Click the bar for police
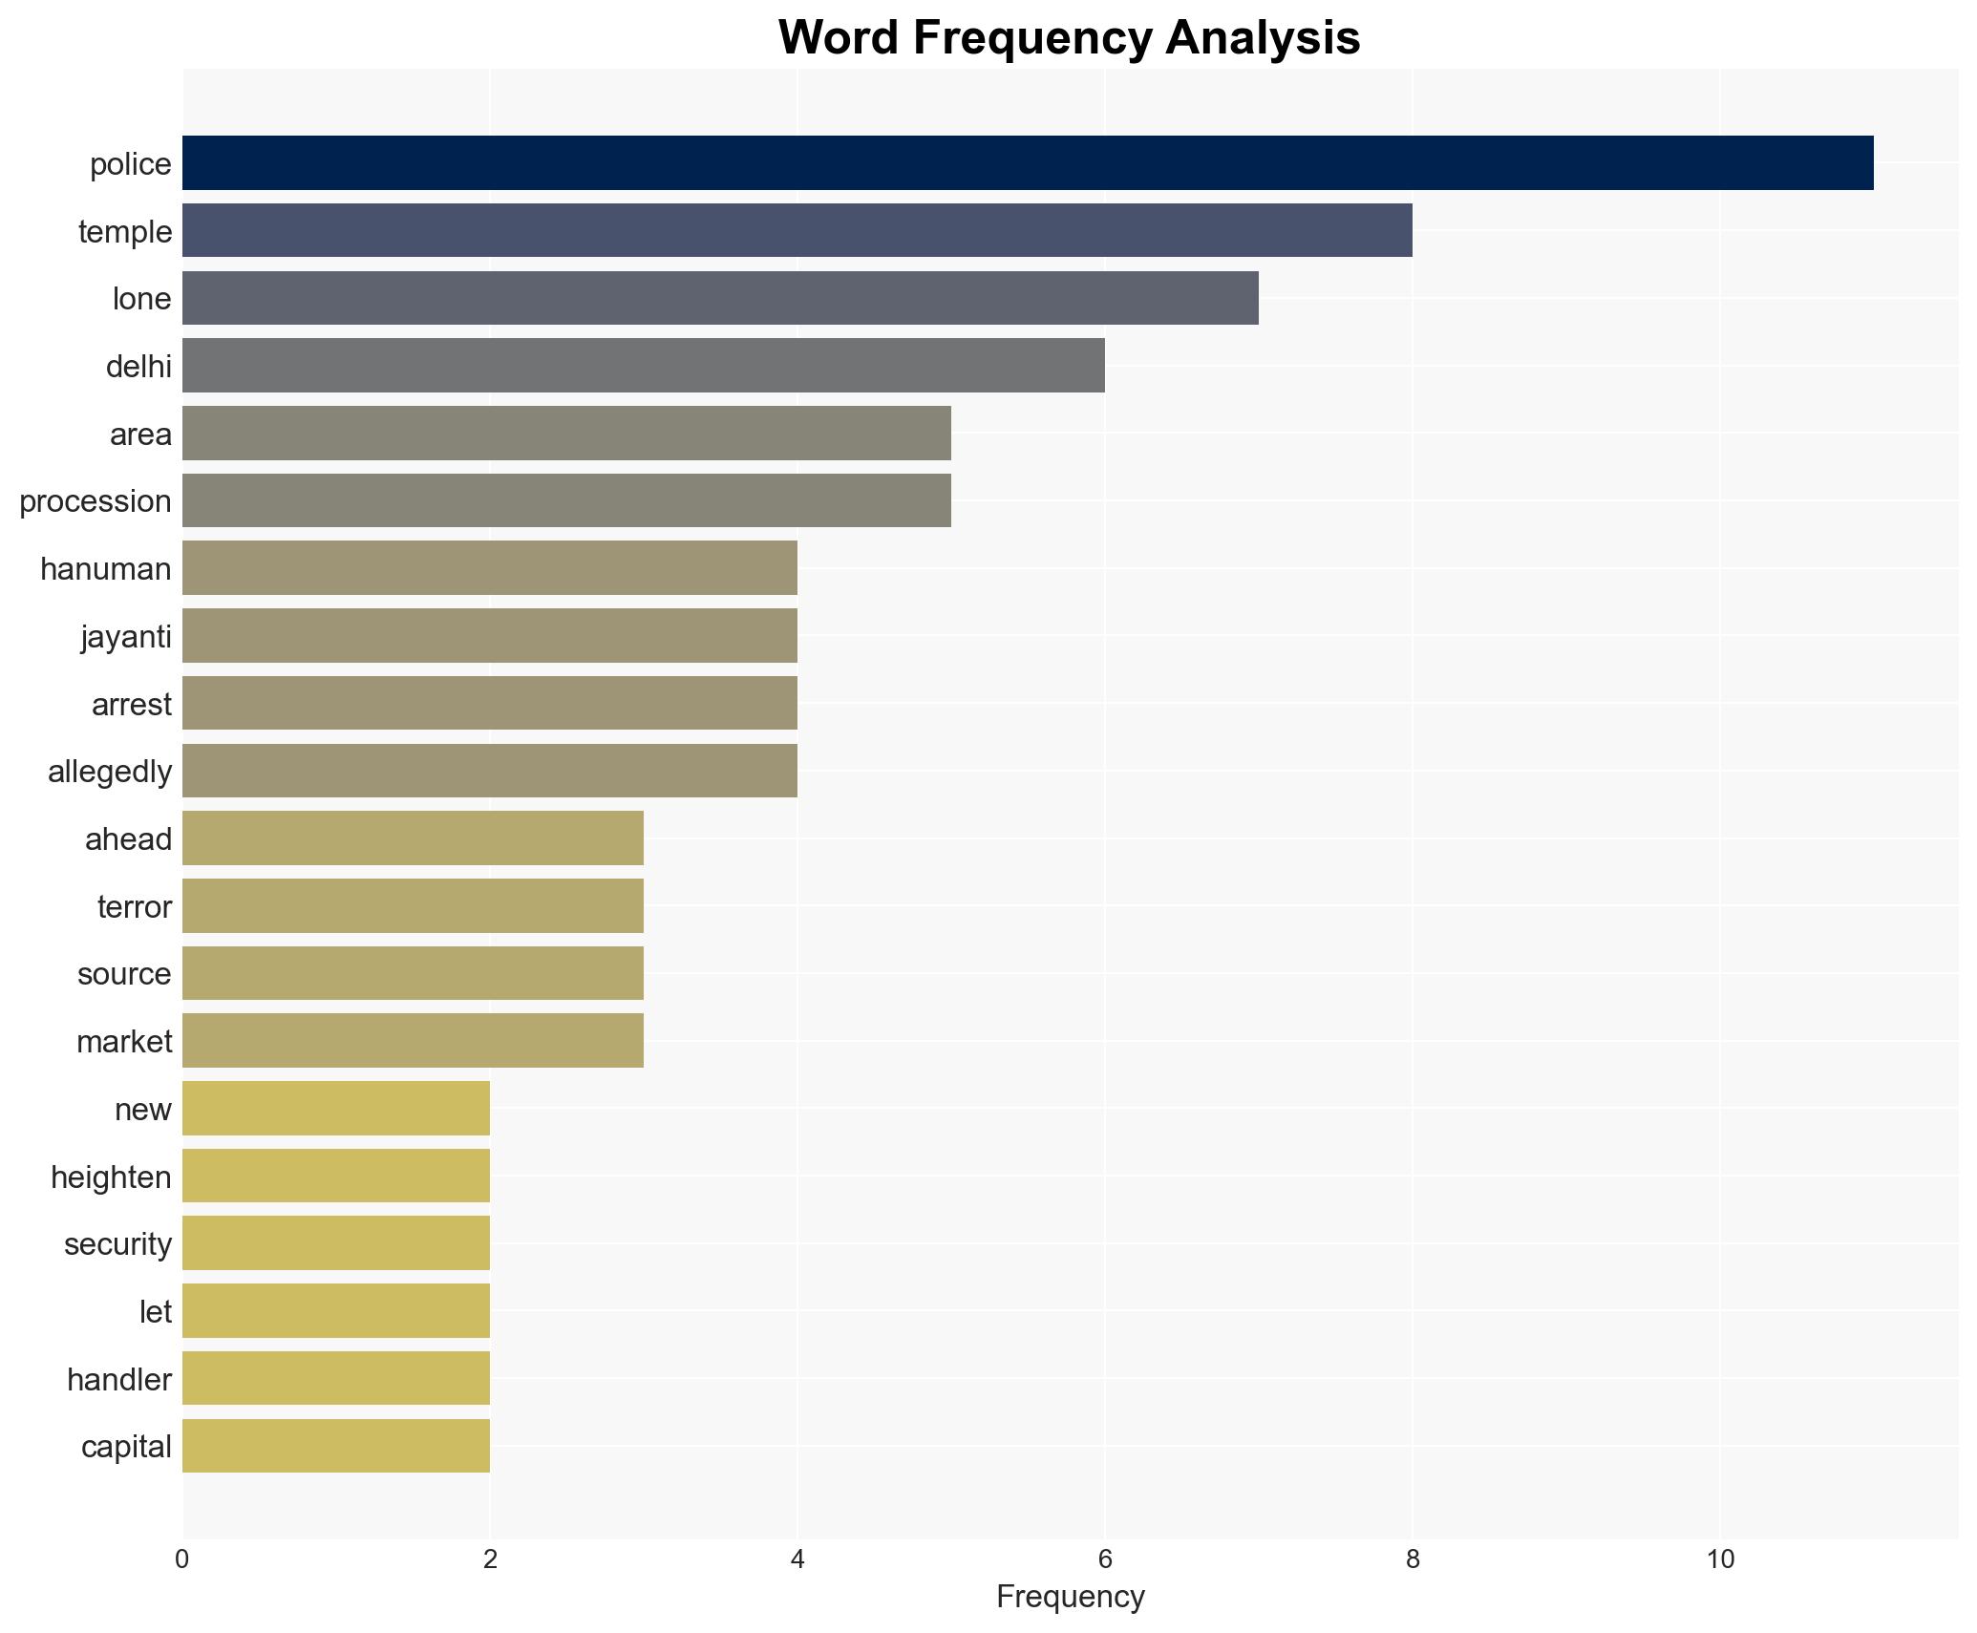click(x=1028, y=163)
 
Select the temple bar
click(x=797, y=231)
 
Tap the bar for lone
click(x=720, y=298)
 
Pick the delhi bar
click(x=643, y=366)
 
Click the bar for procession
click(x=566, y=500)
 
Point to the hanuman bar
click(x=489, y=568)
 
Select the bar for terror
click(x=413, y=906)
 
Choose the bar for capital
click(x=335, y=1446)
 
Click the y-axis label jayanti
click(x=126, y=637)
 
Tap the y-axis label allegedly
click(x=110, y=772)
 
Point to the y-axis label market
click(x=124, y=1042)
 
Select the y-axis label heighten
click(x=111, y=1177)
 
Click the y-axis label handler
click(x=119, y=1380)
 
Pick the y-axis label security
click(x=117, y=1244)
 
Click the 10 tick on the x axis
click(x=1719, y=1559)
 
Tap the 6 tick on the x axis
click(x=1105, y=1559)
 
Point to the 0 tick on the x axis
click(x=182, y=1559)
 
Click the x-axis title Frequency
click(x=1070, y=1597)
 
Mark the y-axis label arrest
click(x=132, y=705)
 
